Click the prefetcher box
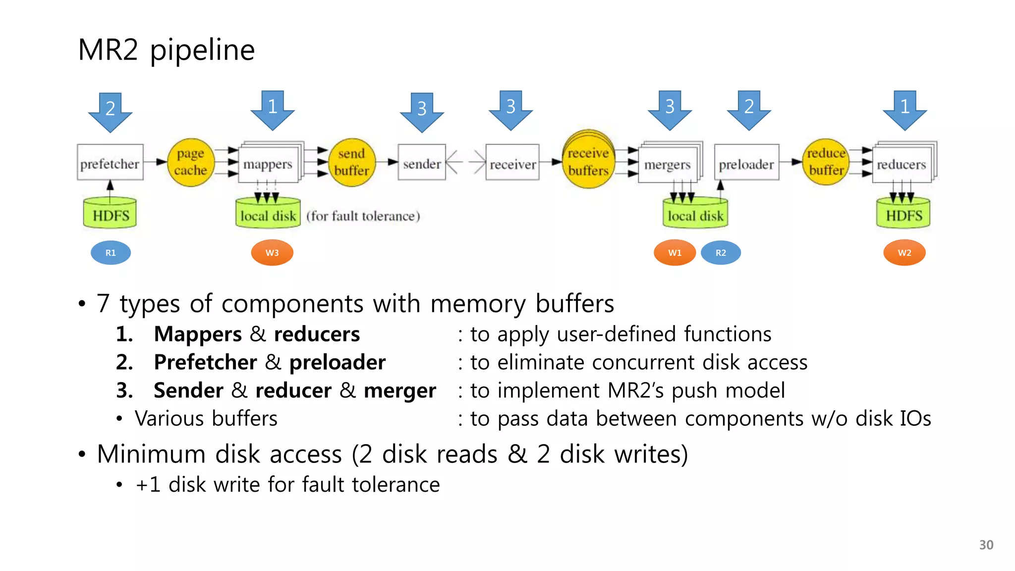click(110, 163)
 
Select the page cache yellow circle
click(190, 162)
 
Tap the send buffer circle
click(351, 162)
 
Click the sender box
click(421, 163)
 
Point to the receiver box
click(512, 163)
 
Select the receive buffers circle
click(588, 162)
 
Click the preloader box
click(746, 163)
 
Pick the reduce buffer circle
click(826, 162)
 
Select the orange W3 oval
click(272, 253)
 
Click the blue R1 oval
click(111, 253)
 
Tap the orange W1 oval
click(675, 253)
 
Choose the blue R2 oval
click(721, 253)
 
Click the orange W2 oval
click(904, 253)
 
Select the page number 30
click(986, 545)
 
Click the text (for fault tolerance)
click(363, 216)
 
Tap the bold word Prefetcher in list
click(205, 362)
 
